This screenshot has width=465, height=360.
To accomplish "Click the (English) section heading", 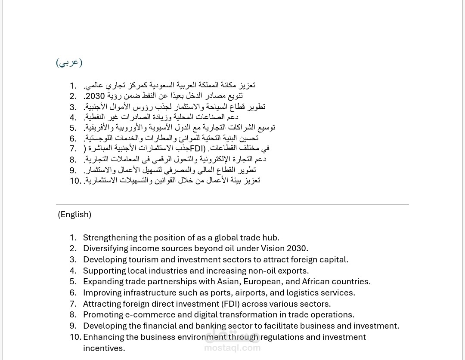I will [74, 214].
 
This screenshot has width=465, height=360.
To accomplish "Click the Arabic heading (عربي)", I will [69, 62].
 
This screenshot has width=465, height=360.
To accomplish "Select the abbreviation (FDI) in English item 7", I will [230, 304].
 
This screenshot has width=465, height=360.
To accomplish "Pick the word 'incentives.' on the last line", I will [104, 348].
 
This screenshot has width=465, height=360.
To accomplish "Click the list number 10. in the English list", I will [75, 337].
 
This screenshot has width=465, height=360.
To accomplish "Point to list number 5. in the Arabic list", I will [73, 128].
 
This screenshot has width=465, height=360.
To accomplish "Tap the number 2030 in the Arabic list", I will [95, 96].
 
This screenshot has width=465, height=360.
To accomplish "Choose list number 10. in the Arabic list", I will [75, 181].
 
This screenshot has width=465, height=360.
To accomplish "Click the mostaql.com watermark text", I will [232, 348].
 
